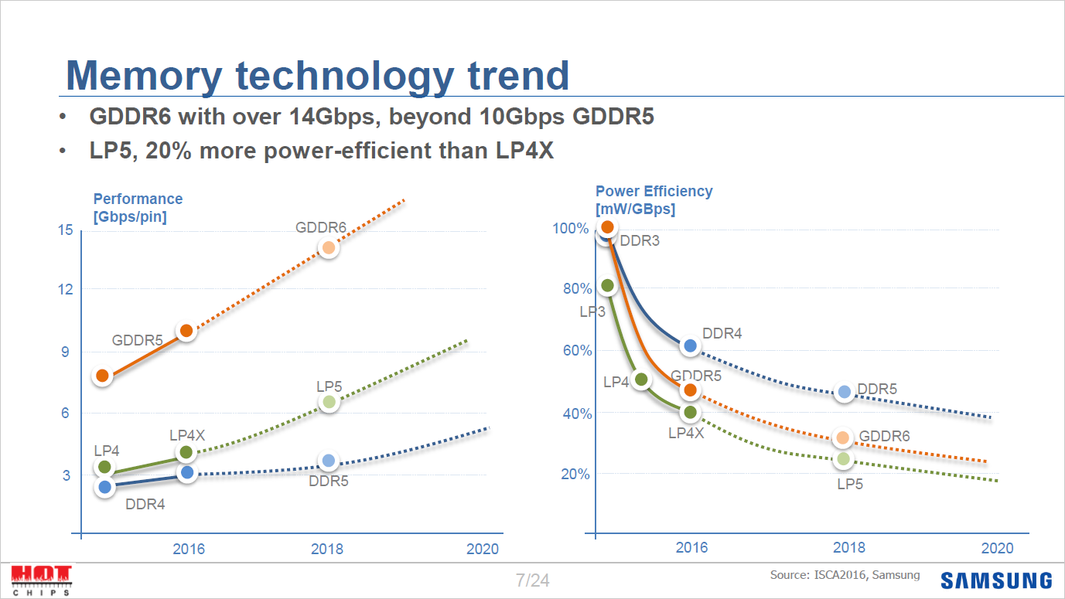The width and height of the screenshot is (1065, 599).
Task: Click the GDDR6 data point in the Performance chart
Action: pyautogui.click(x=329, y=248)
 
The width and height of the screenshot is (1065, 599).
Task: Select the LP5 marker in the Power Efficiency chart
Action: pyautogui.click(x=843, y=459)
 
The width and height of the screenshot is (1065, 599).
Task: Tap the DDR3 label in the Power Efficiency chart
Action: pyautogui.click(x=640, y=241)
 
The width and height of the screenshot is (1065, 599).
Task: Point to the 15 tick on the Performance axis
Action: pyautogui.click(x=64, y=230)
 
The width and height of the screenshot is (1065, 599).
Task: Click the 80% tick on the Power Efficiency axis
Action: pyautogui.click(x=577, y=289)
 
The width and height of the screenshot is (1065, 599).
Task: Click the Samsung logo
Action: pyautogui.click(x=996, y=580)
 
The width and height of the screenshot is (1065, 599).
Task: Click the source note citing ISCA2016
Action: pyautogui.click(x=845, y=575)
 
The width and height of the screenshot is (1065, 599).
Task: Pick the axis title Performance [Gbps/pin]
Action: pyautogui.click(x=138, y=208)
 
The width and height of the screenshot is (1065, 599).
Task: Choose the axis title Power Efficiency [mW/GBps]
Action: pyautogui.click(x=654, y=200)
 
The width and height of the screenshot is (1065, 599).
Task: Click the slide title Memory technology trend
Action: pyautogui.click(x=318, y=76)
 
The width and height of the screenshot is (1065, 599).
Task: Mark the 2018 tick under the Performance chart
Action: pyautogui.click(x=327, y=550)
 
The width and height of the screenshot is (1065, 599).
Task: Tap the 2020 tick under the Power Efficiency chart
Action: pyautogui.click(x=996, y=548)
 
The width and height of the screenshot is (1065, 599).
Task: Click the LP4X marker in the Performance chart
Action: pyautogui.click(x=186, y=452)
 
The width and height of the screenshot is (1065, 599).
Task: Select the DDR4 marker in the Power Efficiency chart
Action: pyautogui.click(x=691, y=346)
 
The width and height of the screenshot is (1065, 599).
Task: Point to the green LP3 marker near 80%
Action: pyautogui.click(x=607, y=285)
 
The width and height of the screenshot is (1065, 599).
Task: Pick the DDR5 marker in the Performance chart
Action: pyautogui.click(x=329, y=461)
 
